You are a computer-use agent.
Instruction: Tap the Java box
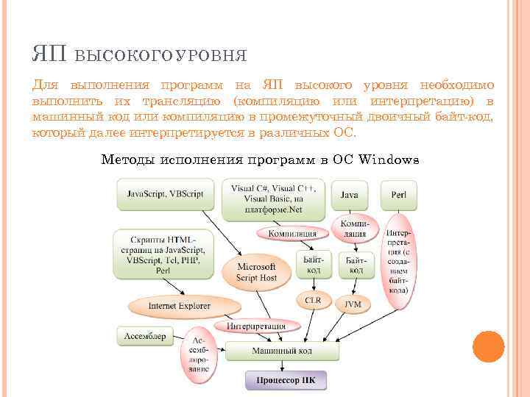point(350,195)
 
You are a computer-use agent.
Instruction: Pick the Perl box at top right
point(399,195)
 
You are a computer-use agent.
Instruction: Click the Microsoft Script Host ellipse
point(256,272)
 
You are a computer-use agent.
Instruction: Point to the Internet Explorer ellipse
point(180,305)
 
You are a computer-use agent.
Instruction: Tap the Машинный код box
point(283,351)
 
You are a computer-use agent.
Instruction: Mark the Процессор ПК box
point(285,381)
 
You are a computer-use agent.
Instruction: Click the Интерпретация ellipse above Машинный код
point(256,326)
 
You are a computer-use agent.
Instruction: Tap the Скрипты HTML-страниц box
point(161,254)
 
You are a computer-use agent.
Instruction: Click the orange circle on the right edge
point(487,346)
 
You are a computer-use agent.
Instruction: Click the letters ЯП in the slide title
point(49,54)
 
